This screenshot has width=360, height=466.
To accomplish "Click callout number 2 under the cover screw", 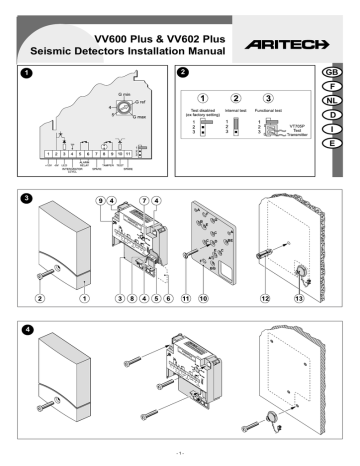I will click(x=42, y=297).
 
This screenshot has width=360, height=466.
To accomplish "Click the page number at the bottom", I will click(x=179, y=457).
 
